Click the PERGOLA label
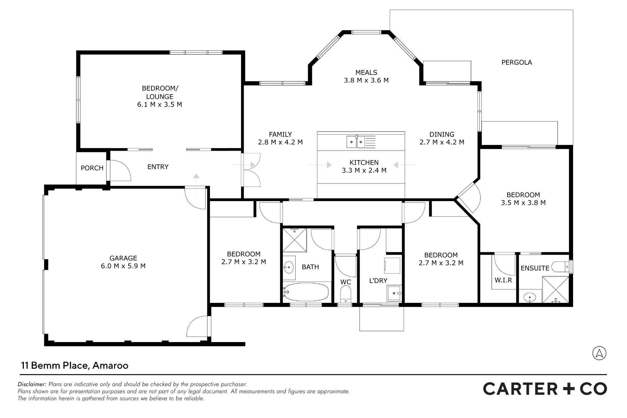point(517,62)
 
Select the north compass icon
point(599,353)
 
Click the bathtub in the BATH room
point(306,292)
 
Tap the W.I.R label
point(503,280)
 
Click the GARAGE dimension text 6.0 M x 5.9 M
point(123,266)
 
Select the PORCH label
point(92,168)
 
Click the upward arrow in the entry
point(196,185)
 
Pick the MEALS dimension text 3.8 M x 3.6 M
point(366,80)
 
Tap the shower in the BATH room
point(295,240)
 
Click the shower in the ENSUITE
point(556,290)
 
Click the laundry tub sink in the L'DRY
point(394,293)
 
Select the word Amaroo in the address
point(110,366)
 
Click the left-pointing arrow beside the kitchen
point(405,165)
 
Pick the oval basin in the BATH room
point(289,267)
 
